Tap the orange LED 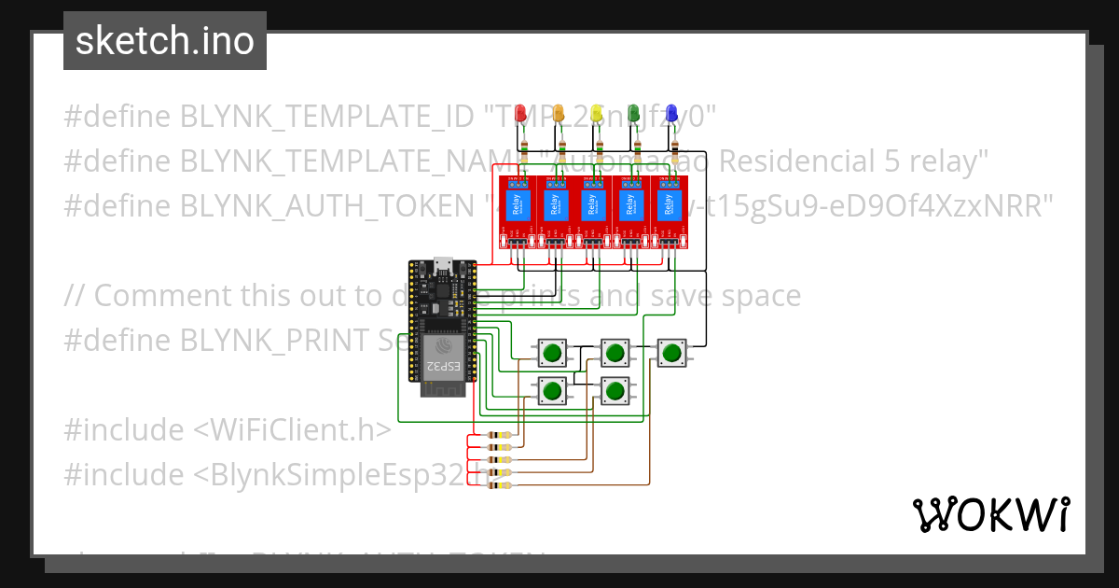point(559,114)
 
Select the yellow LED point(597,114)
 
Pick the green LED point(634,114)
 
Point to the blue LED point(671,114)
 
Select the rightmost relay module point(669,213)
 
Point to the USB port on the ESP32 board point(444,266)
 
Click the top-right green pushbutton point(671,353)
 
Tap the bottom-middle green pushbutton point(614,390)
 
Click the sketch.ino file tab point(165,41)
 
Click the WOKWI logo point(990,514)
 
